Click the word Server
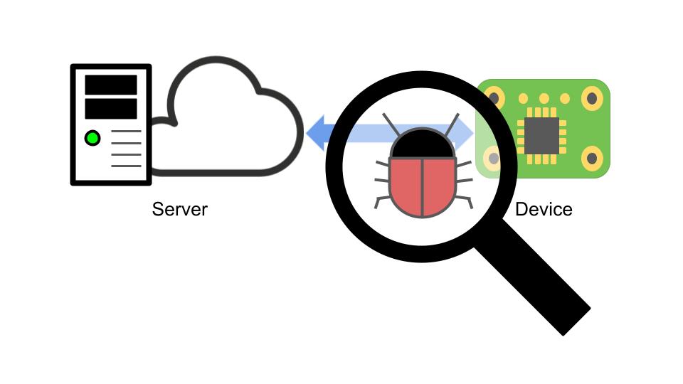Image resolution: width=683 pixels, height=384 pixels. pyautogui.click(x=180, y=209)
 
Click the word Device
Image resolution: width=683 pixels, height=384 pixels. pyautogui.click(x=544, y=209)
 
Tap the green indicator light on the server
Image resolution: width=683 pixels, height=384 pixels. pyautogui.click(x=92, y=138)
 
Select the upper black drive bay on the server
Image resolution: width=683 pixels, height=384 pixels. pyautogui.click(x=111, y=85)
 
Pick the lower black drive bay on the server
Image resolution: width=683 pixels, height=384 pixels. pyautogui.click(x=111, y=109)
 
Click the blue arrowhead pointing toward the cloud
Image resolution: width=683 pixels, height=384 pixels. pyautogui.click(x=317, y=134)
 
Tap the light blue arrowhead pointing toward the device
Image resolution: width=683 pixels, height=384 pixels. pyautogui.click(x=465, y=133)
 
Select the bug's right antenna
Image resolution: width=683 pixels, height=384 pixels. pyautogui.click(x=450, y=124)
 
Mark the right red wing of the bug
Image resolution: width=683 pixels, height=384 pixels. pyautogui.click(x=439, y=186)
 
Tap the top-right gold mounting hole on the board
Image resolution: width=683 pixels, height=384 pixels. pyautogui.click(x=592, y=97)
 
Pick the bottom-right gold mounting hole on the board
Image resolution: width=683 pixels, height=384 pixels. pyautogui.click(x=592, y=159)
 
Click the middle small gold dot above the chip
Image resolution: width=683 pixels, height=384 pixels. pyautogui.click(x=544, y=98)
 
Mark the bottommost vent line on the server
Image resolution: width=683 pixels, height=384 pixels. pyautogui.click(x=127, y=166)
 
